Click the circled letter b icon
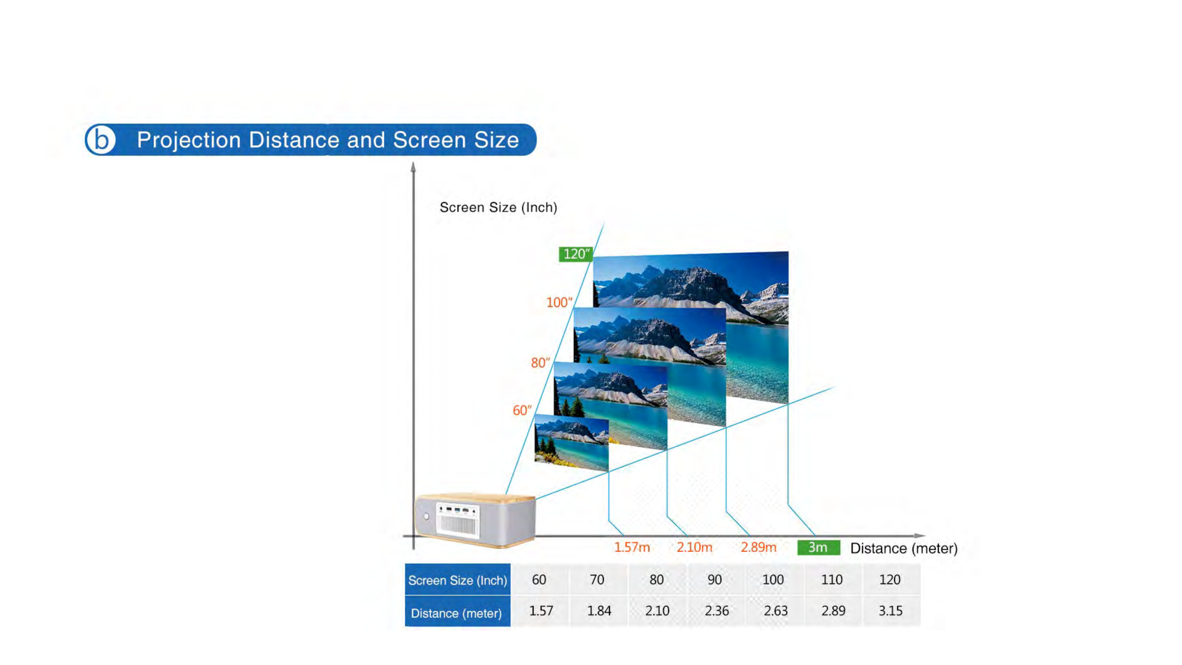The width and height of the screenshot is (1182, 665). point(100,139)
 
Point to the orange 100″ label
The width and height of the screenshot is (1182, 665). point(559,302)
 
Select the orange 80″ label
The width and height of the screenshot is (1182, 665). point(540,363)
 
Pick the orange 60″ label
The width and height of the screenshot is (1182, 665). point(522,410)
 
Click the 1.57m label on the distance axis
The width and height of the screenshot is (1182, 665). point(632,547)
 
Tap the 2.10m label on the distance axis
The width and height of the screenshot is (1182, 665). point(694,547)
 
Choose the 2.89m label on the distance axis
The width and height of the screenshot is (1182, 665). point(758,547)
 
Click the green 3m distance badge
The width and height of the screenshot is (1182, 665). point(818,547)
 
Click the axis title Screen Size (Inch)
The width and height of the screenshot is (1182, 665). point(498,208)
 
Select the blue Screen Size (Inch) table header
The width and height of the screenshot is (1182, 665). point(457,580)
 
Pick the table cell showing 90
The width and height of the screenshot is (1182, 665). point(714,580)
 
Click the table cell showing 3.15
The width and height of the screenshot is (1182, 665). point(891,611)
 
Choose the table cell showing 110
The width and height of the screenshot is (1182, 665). point(832,580)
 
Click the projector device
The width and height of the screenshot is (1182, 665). point(475,520)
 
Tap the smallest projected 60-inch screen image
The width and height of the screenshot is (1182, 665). point(572,443)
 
